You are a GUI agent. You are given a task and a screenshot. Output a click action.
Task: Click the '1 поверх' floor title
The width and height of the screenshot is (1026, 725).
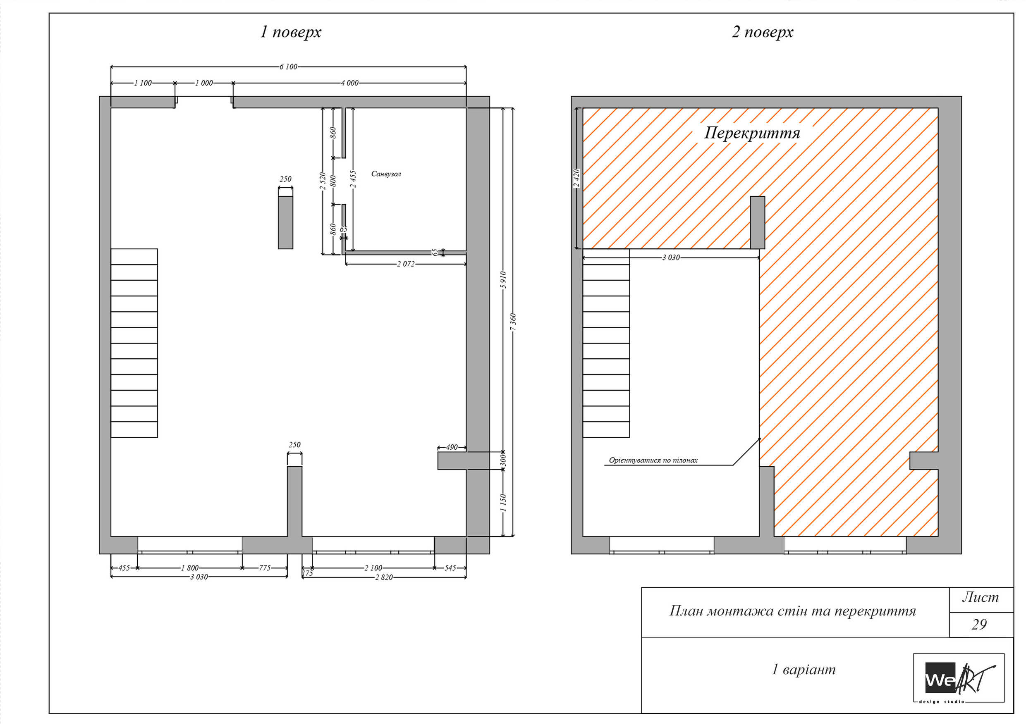coord(290,32)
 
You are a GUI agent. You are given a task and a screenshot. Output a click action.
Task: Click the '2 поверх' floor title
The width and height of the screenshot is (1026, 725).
coord(762,32)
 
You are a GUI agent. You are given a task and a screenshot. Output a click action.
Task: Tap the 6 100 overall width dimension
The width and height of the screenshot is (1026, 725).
coord(288,67)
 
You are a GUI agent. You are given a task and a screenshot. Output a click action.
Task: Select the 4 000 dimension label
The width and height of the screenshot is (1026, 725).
coord(349,83)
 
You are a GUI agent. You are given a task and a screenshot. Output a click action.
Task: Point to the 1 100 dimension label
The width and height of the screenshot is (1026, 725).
coord(143,83)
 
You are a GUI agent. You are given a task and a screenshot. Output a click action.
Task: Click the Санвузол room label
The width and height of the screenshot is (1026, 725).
coord(386,174)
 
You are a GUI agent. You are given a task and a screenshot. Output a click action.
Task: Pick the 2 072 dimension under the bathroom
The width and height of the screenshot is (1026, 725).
coord(405,264)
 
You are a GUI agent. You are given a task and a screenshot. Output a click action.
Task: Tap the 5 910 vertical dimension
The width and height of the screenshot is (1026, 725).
coord(503,280)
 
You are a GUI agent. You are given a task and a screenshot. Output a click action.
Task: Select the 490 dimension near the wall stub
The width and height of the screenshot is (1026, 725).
coord(452,447)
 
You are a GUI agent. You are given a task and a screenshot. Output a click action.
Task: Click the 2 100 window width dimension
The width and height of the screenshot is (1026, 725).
coord(373,568)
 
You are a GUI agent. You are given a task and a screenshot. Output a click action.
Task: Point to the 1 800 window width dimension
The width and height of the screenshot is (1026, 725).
coord(189,568)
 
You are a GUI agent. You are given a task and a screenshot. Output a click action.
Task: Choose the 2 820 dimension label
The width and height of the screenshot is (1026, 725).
coord(384,577)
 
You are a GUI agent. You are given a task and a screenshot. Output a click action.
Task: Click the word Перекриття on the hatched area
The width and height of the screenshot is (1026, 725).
coord(752,133)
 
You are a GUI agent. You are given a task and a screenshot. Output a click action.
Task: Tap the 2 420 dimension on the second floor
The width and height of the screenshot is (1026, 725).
coord(576,178)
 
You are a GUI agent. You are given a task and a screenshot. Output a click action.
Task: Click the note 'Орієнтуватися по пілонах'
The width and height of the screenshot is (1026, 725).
coord(653,460)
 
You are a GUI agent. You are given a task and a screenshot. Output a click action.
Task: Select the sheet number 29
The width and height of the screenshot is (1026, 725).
coord(979,624)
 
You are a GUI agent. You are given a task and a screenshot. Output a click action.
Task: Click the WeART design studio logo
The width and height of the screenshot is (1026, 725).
coord(959,677)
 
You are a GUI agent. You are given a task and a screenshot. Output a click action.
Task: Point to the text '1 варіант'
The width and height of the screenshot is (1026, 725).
coord(804,669)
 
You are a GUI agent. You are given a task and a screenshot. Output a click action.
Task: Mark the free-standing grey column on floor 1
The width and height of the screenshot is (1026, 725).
coord(285,222)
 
